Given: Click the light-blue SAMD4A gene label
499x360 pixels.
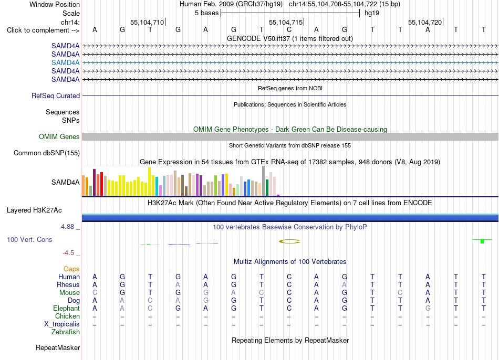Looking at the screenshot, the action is pos(65,62).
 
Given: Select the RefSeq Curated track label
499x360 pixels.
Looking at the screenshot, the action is pos(56,96).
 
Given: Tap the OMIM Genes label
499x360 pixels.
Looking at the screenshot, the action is pos(59,137).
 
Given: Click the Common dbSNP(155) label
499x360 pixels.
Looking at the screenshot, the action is pos(47,153).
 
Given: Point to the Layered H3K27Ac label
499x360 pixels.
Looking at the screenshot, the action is pos(34,210).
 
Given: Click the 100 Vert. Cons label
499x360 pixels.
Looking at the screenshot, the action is pos(29,239).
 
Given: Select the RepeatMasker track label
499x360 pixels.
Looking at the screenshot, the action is pos(58,347).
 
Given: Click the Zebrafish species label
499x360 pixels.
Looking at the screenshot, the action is pos(66,332).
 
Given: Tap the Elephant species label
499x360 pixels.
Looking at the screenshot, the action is pos(67,309).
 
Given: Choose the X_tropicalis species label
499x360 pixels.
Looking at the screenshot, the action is pos(62,324).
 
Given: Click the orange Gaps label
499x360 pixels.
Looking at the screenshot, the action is pos(71,269).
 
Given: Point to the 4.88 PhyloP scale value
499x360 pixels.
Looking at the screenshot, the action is pos(67,227).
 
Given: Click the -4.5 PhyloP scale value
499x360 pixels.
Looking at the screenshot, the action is pos(68,253).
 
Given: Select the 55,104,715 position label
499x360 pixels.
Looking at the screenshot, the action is pos(286,22).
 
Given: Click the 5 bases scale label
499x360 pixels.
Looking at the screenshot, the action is pos(207,13).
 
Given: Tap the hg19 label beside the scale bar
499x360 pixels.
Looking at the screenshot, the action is pos(372,13).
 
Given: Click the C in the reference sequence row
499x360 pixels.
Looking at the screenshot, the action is pos(289,30).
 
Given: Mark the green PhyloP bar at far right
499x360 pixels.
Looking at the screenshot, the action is pos(482,241).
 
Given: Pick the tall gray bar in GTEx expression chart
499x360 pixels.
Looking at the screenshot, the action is pos(264,181).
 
